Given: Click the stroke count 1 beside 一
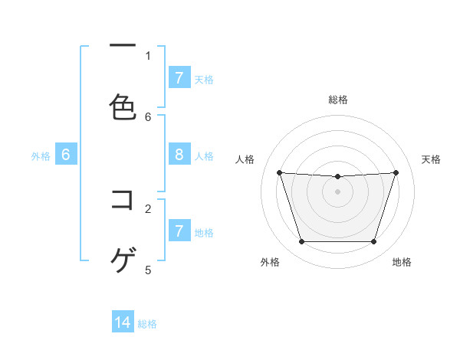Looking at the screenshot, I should (148, 55).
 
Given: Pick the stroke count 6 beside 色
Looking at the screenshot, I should (148, 116).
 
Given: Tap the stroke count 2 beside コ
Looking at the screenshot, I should (148, 208).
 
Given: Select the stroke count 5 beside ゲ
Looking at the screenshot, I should (148, 269).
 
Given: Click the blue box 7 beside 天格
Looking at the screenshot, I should (179, 78).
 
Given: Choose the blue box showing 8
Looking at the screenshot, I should (179, 155).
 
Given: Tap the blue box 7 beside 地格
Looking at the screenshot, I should (179, 231).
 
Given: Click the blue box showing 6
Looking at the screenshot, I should (66, 155).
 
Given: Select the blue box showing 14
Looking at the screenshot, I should (123, 322).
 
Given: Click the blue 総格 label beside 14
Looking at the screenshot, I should (147, 324).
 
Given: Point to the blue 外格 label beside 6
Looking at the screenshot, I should (41, 156).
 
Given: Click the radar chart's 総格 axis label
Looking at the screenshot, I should (338, 100).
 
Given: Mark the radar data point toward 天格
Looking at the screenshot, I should (396, 172).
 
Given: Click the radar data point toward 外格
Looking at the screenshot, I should (301, 242).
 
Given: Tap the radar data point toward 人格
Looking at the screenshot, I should (279, 172).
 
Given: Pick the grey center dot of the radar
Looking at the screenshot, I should (338, 191).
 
